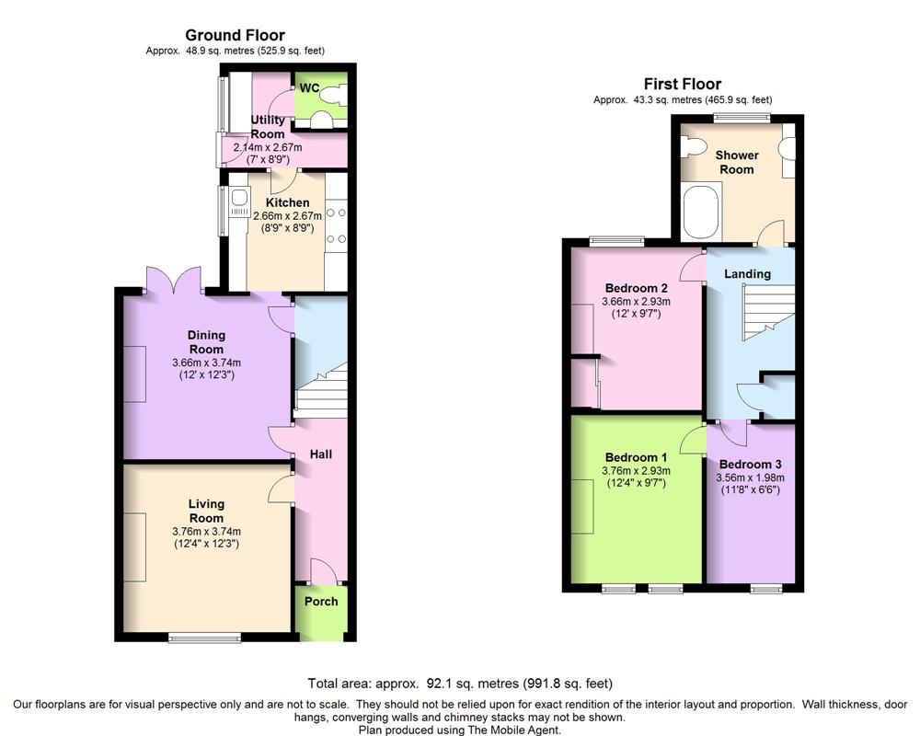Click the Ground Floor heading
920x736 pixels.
pyautogui.click(x=235, y=35)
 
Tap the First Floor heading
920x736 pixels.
pyautogui.click(x=683, y=84)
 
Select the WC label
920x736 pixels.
pyautogui.click(x=309, y=88)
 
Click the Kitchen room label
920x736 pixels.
pyautogui.click(x=287, y=202)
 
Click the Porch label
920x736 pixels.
pyautogui.click(x=321, y=602)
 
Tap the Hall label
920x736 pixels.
pyautogui.click(x=321, y=454)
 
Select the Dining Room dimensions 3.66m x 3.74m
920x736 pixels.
pyautogui.click(x=206, y=362)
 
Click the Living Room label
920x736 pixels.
pyautogui.click(x=206, y=512)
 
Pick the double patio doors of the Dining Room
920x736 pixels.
pyautogui.click(x=174, y=280)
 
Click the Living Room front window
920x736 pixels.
pyautogui.click(x=205, y=638)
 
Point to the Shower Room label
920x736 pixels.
pyautogui.click(x=737, y=163)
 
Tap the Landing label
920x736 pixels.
pyautogui.click(x=747, y=274)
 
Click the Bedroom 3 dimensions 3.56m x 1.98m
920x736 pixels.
pyautogui.click(x=751, y=477)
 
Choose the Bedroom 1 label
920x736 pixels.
pyautogui.click(x=636, y=457)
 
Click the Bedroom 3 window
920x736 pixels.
pyautogui.click(x=766, y=588)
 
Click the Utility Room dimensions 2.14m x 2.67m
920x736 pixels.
pyautogui.click(x=268, y=148)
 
